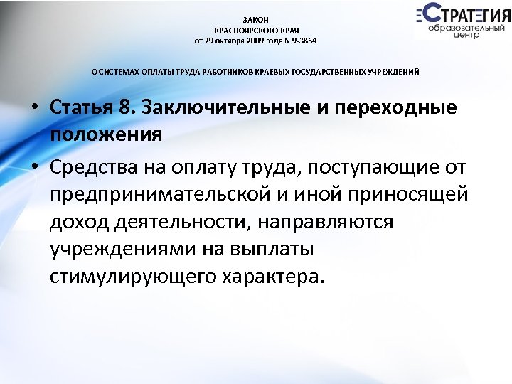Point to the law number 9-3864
pos(302,41)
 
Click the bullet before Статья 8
pos(34,109)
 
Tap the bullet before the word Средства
pos(34,168)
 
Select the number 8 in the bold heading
pos(127,108)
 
